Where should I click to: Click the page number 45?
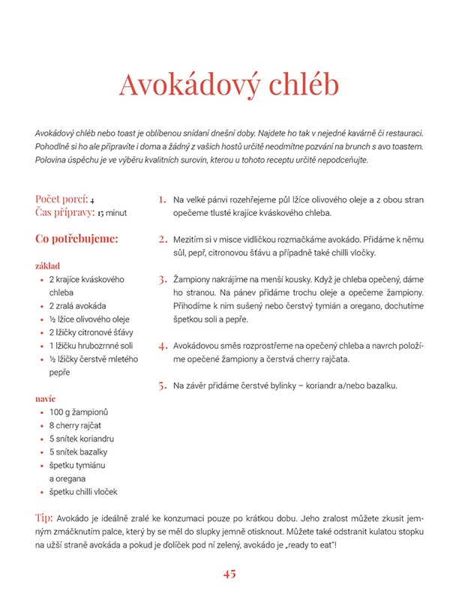tap(229, 574)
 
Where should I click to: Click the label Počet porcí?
tap(61, 199)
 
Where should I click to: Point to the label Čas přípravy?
tap(64, 212)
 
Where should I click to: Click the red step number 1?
tap(162, 199)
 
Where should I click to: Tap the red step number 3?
tap(162, 280)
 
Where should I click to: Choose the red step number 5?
tap(162, 385)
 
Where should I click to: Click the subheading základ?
tap(48, 265)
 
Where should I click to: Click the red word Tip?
tap(44, 517)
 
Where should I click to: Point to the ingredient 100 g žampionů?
tap(79, 412)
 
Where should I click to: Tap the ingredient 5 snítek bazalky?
tap(78, 451)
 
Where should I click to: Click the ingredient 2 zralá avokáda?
tap(77, 306)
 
